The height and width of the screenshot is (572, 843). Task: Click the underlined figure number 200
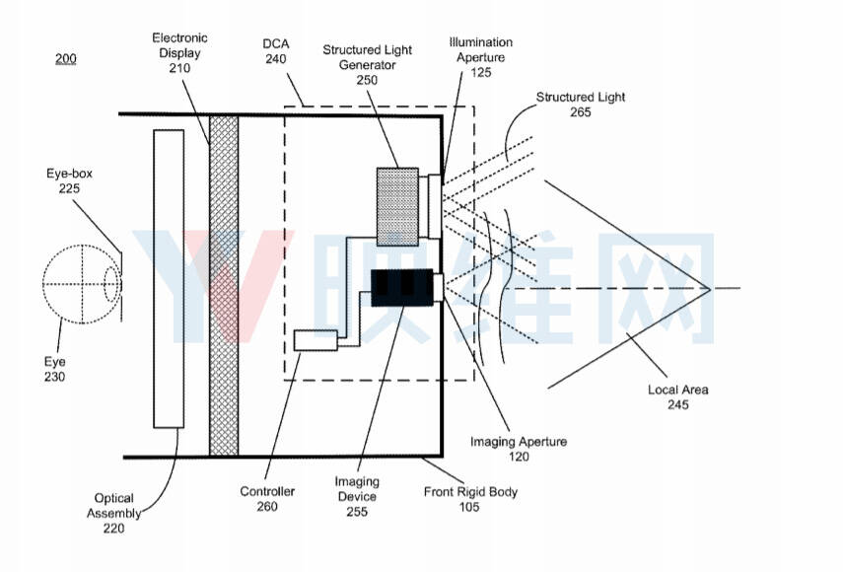click(x=66, y=58)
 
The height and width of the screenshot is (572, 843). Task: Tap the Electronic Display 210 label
click(x=179, y=52)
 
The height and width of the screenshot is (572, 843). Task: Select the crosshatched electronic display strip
click(x=224, y=285)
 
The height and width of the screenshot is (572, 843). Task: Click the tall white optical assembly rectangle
click(x=169, y=278)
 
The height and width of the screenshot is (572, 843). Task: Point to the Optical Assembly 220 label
click(x=114, y=514)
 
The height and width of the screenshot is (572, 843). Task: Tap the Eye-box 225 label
click(x=69, y=180)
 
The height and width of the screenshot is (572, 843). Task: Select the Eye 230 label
click(x=55, y=369)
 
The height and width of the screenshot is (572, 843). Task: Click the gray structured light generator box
click(x=397, y=206)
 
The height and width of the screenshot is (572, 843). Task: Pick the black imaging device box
click(x=401, y=287)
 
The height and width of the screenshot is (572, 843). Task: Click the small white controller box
click(x=316, y=340)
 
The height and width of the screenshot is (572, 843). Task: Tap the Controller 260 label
click(x=267, y=498)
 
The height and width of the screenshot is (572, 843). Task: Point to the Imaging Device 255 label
click(x=357, y=496)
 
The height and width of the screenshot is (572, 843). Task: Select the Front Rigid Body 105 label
click(x=470, y=499)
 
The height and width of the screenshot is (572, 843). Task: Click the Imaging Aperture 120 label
click(x=519, y=449)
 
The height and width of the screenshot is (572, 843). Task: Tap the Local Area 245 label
click(x=678, y=396)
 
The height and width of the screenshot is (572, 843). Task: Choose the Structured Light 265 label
click(x=581, y=105)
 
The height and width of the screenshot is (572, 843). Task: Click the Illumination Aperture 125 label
click(x=481, y=57)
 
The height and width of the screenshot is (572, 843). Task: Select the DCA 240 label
click(x=276, y=51)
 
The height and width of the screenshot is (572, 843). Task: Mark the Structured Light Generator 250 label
click(x=367, y=64)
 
